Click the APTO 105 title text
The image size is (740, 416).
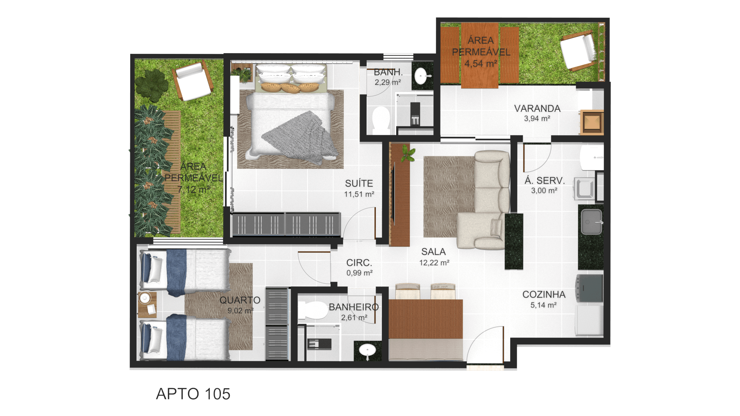pyautogui.click(x=193, y=394)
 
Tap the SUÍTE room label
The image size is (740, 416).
pyautogui.click(x=359, y=183)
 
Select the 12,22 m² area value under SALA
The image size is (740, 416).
pyautogui.click(x=434, y=263)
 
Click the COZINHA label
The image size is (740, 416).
pyautogui.click(x=544, y=295)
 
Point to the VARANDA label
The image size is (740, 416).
pyautogui.click(x=537, y=109)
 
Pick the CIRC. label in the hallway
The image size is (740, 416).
pyautogui.click(x=359, y=263)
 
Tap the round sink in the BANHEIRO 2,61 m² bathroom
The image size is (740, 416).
pyautogui.click(x=367, y=351)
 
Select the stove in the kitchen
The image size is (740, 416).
pyautogui.click(x=589, y=288)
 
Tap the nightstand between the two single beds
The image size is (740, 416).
pyautogui.click(x=147, y=304)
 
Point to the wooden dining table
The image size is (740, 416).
pyautogui.click(x=425, y=319)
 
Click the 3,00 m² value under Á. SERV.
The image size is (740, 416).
pyautogui.click(x=544, y=191)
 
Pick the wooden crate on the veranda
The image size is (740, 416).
pyautogui.click(x=592, y=122)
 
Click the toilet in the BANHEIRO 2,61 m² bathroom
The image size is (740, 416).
pyautogui.click(x=313, y=310)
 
